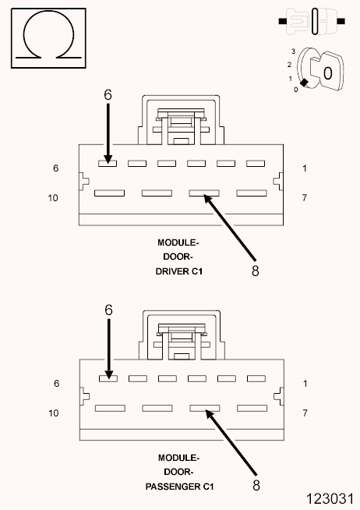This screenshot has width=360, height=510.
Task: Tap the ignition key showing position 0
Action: [326, 71]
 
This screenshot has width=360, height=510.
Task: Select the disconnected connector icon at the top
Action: [312, 22]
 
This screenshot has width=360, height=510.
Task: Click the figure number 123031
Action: [330, 498]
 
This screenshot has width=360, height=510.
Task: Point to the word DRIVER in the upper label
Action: [172, 271]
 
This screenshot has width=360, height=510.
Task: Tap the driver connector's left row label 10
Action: [53, 198]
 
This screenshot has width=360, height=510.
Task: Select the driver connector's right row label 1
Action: [305, 168]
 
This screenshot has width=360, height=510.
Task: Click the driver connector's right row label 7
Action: [305, 197]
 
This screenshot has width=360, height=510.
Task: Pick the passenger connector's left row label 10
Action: [54, 413]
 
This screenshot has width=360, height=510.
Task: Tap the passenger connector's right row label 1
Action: [305, 384]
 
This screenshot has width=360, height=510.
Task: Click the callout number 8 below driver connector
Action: [256, 271]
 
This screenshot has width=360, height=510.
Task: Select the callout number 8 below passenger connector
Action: [256, 485]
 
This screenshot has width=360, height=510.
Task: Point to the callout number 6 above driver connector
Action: [108, 94]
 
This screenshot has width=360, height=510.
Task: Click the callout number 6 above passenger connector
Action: [108, 310]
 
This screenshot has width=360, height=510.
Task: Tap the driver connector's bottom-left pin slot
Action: [110, 193]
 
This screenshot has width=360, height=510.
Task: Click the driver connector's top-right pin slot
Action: [256, 163]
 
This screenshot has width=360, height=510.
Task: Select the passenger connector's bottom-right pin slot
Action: [252, 408]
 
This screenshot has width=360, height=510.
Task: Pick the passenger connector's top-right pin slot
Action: [256, 378]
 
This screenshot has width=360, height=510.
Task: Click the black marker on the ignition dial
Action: [304, 83]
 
